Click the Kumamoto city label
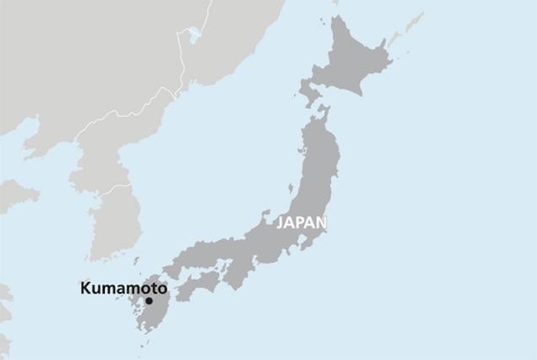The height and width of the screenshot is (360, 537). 123,288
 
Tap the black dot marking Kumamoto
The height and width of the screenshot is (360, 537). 149,301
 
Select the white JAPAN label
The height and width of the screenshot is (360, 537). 301,223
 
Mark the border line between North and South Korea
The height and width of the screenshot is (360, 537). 106,189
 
